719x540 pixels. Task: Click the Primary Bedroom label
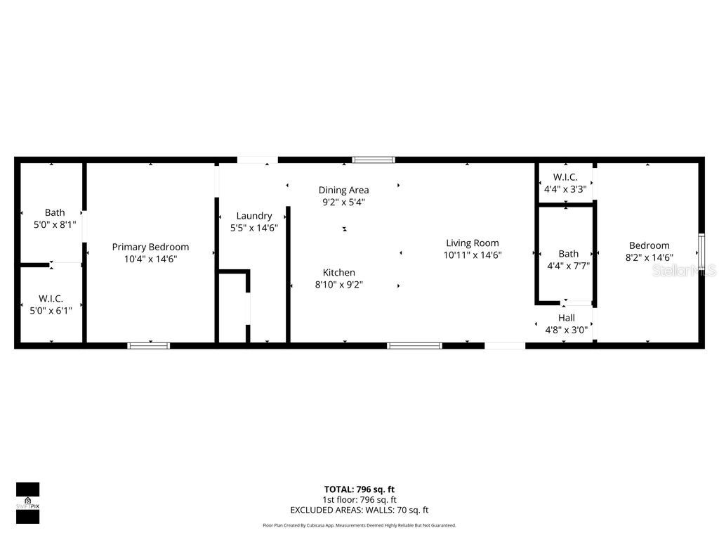150,247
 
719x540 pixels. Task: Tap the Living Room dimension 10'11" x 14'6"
473,256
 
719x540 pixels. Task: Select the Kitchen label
338,273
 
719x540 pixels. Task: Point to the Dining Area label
343,190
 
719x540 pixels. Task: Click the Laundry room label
253,216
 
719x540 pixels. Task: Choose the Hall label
566,318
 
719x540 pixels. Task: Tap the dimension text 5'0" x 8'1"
55,225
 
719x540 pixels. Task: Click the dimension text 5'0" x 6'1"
51,311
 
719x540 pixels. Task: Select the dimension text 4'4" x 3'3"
565,189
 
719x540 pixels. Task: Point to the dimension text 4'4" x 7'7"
568,266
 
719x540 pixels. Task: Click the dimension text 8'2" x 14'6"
649,258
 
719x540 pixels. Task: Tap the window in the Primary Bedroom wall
148,345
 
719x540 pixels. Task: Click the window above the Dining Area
373,160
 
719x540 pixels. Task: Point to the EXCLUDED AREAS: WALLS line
359,510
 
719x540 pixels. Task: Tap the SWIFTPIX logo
27,503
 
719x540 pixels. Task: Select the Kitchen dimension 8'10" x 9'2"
338,285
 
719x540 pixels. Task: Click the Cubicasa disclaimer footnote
359,525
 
